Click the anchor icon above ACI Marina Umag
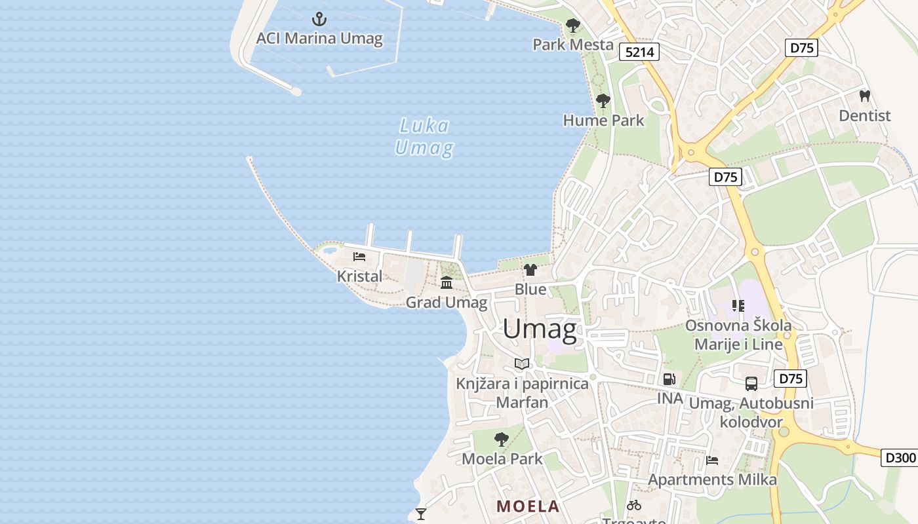pyautogui.click(x=319, y=18)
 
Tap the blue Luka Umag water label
pyautogui.click(x=424, y=137)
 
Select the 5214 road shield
pyautogui.click(x=639, y=52)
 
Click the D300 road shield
pyautogui.click(x=899, y=458)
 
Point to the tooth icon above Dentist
pyautogui.click(x=864, y=96)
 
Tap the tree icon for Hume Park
pyautogui.click(x=603, y=101)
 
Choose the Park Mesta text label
pyautogui.click(x=572, y=45)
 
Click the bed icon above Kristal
pyautogui.click(x=359, y=256)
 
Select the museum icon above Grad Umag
pyautogui.click(x=447, y=282)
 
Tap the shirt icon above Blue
pyautogui.click(x=530, y=269)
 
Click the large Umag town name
pyautogui.click(x=540, y=329)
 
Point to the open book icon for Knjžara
pyautogui.click(x=522, y=364)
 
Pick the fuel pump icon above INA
pyautogui.click(x=669, y=379)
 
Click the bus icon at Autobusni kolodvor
pyautogui.click(x=751, y=384)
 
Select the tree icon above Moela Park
pyautogui.click(x=502, y=439)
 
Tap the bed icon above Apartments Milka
pyautogui.click(x=712, y=460)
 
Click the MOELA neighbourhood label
pyautogui.click(x=528, y=506)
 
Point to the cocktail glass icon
pyautogui.click(x=421, y=514)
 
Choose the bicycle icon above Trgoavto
pyautogui.click(x=634, y=505)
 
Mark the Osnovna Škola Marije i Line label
pyautogui.click(x=738, y=334)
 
